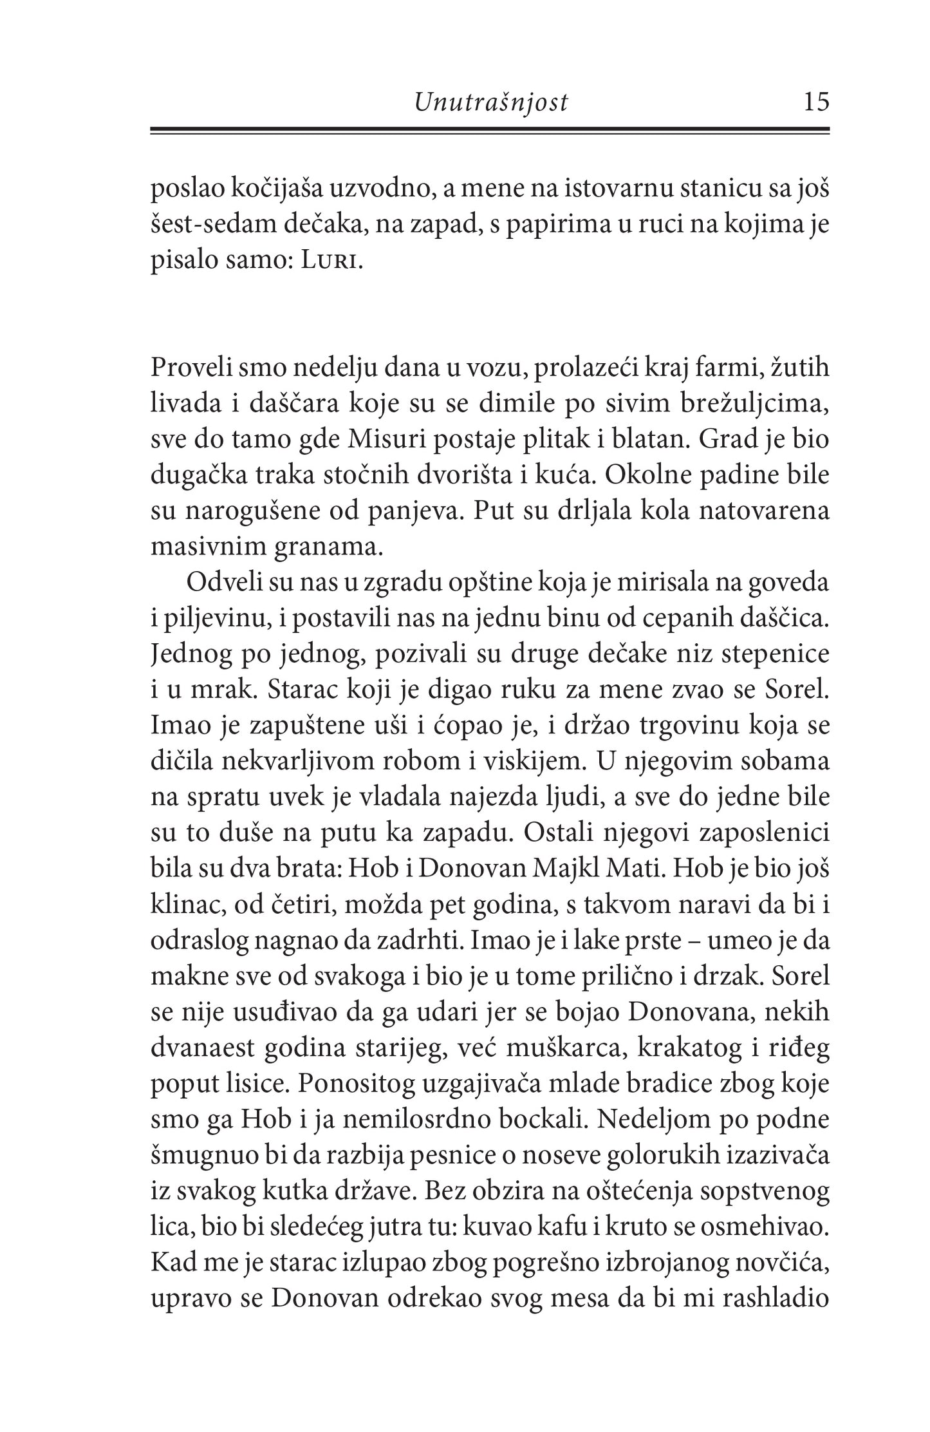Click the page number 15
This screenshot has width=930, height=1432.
point(815,102)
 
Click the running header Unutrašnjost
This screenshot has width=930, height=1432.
point(491,102)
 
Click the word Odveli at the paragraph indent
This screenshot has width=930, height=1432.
point(221,583)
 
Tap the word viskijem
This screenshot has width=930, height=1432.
point(528,761)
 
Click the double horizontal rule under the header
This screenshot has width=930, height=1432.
point(490,131)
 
